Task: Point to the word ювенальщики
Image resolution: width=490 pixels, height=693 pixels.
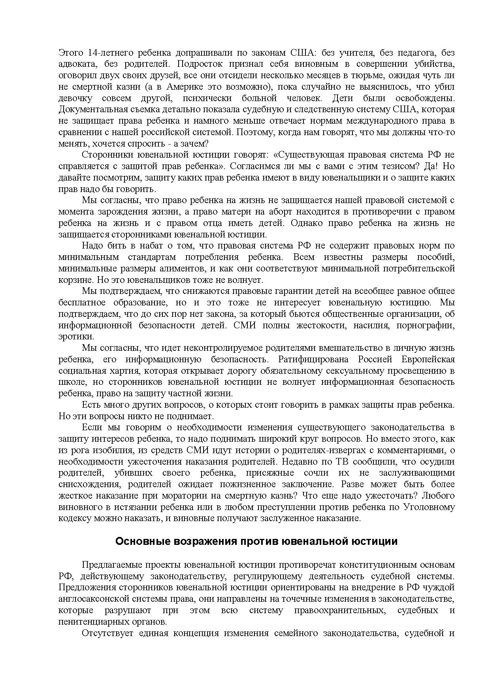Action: pyautogui.click(x=345, y=177)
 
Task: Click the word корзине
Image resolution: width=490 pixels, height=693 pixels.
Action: pyautogui.click(x=73, y=280)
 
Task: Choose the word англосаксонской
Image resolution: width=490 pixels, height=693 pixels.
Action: pyautogui.click(x=92, y=599)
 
